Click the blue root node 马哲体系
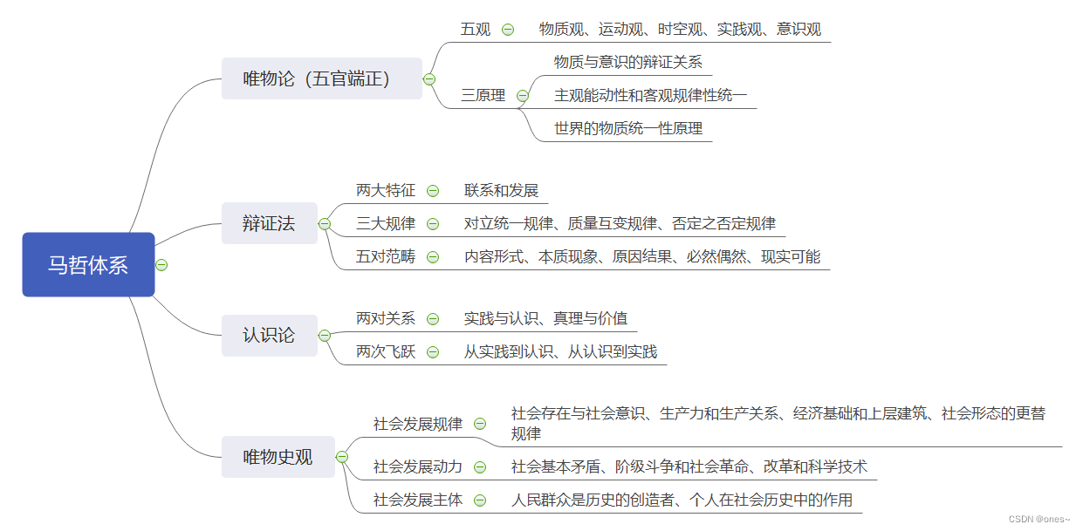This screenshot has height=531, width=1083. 88,265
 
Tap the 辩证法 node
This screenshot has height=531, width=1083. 269,223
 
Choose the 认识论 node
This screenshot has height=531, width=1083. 269,335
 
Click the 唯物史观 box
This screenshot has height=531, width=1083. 278,456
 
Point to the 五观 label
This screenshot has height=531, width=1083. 476,29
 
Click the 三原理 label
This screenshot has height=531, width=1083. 483,95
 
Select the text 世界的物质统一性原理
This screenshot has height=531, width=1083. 628,128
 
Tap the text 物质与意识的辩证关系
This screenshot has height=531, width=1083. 628,62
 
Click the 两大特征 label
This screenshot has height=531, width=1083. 386,190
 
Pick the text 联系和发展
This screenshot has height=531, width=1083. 501,190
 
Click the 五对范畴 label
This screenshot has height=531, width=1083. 386,256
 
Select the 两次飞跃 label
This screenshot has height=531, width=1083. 386,351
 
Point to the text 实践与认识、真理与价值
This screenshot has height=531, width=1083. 545,318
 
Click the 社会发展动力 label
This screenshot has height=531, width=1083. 418,466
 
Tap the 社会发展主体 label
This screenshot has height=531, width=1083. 418,500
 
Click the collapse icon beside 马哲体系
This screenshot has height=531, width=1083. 161,265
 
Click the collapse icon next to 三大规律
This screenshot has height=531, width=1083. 433,224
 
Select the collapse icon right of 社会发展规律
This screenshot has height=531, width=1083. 480,424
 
